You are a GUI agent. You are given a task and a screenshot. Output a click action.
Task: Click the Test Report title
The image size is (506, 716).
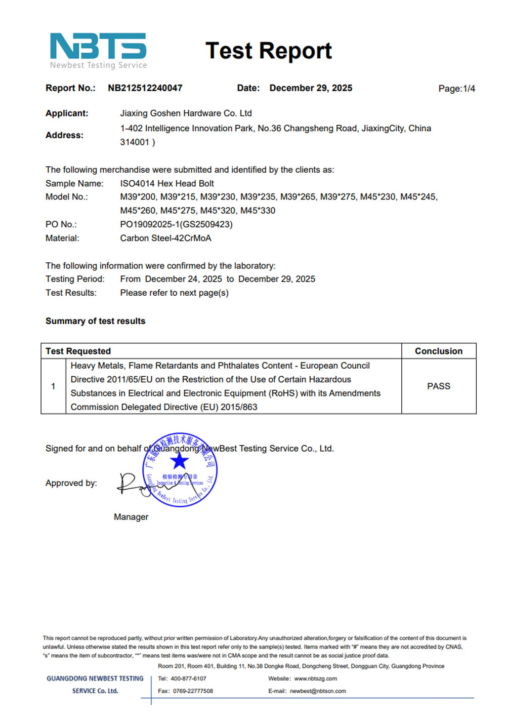[x=269, y=51]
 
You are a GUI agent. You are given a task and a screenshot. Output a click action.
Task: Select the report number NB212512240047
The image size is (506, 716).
[x=145, y=88]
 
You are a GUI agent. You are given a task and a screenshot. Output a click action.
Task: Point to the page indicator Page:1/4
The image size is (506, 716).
[x=456, y=89]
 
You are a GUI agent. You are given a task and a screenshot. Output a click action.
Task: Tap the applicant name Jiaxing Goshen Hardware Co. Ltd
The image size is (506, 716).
[x=186, y=113]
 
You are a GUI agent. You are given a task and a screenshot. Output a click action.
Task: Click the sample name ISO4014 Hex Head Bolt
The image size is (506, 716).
[x=167, y=183]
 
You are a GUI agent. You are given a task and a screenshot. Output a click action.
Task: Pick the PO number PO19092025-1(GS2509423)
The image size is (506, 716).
[x=176, y=224]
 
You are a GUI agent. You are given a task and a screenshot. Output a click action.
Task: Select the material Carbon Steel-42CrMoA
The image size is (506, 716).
[x=165, y=238]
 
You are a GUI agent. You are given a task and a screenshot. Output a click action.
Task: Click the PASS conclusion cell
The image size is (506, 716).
[x=438, y=386]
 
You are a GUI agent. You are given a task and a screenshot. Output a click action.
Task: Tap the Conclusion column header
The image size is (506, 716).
[x=438, y=351]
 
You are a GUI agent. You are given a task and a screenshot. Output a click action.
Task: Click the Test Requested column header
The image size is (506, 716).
[x=78, y=351]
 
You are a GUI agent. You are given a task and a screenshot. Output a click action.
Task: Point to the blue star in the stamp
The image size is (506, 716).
[x=179, y=461]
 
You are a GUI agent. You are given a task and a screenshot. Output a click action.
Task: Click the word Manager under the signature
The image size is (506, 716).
[x=131, y=517]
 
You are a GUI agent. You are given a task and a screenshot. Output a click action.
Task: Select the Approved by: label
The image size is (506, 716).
[x=71, y=483]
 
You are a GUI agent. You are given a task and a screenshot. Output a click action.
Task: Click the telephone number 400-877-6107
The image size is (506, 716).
[x=188, y=679]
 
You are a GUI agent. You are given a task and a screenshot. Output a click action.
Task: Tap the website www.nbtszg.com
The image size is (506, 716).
[x=315, y=679]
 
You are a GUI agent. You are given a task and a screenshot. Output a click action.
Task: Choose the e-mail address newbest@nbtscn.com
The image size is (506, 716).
[x=318, y=691]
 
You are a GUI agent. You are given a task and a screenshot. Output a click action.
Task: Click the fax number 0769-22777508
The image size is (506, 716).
[x=193, y=691]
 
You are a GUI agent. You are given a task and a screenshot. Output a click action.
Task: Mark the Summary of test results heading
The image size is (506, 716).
[x=95, y=321]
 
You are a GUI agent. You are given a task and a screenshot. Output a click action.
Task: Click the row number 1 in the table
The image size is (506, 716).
[x=53, y=386]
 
